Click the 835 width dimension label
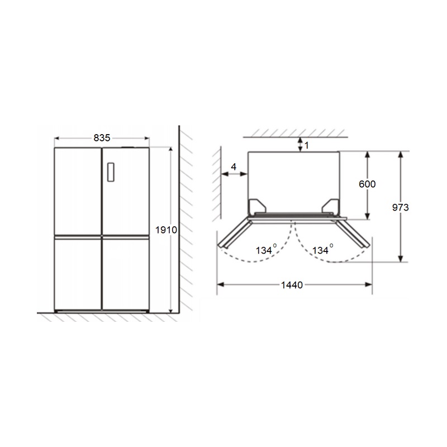coord(102,138)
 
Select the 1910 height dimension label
coord(166,230)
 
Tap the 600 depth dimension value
coord(367,184)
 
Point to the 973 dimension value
coord(400,207)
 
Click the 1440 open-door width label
coord(292,285)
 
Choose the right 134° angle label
coord(322,249)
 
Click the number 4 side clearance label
coord(234,167)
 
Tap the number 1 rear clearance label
coord(306,146)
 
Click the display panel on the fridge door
coord(111,172)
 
